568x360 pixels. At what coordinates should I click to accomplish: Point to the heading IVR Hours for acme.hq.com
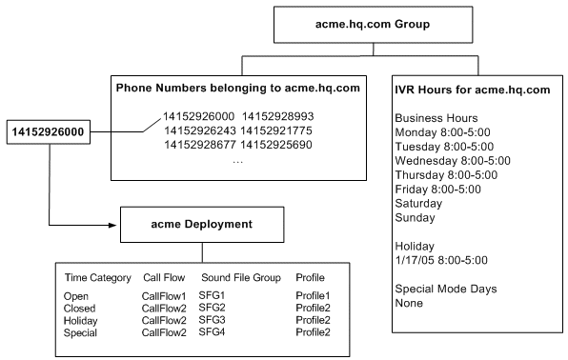coord(472,90)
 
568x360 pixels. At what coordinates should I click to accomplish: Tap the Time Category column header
coord(96,278)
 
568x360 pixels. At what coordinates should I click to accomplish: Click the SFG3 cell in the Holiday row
coord(213,320)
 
